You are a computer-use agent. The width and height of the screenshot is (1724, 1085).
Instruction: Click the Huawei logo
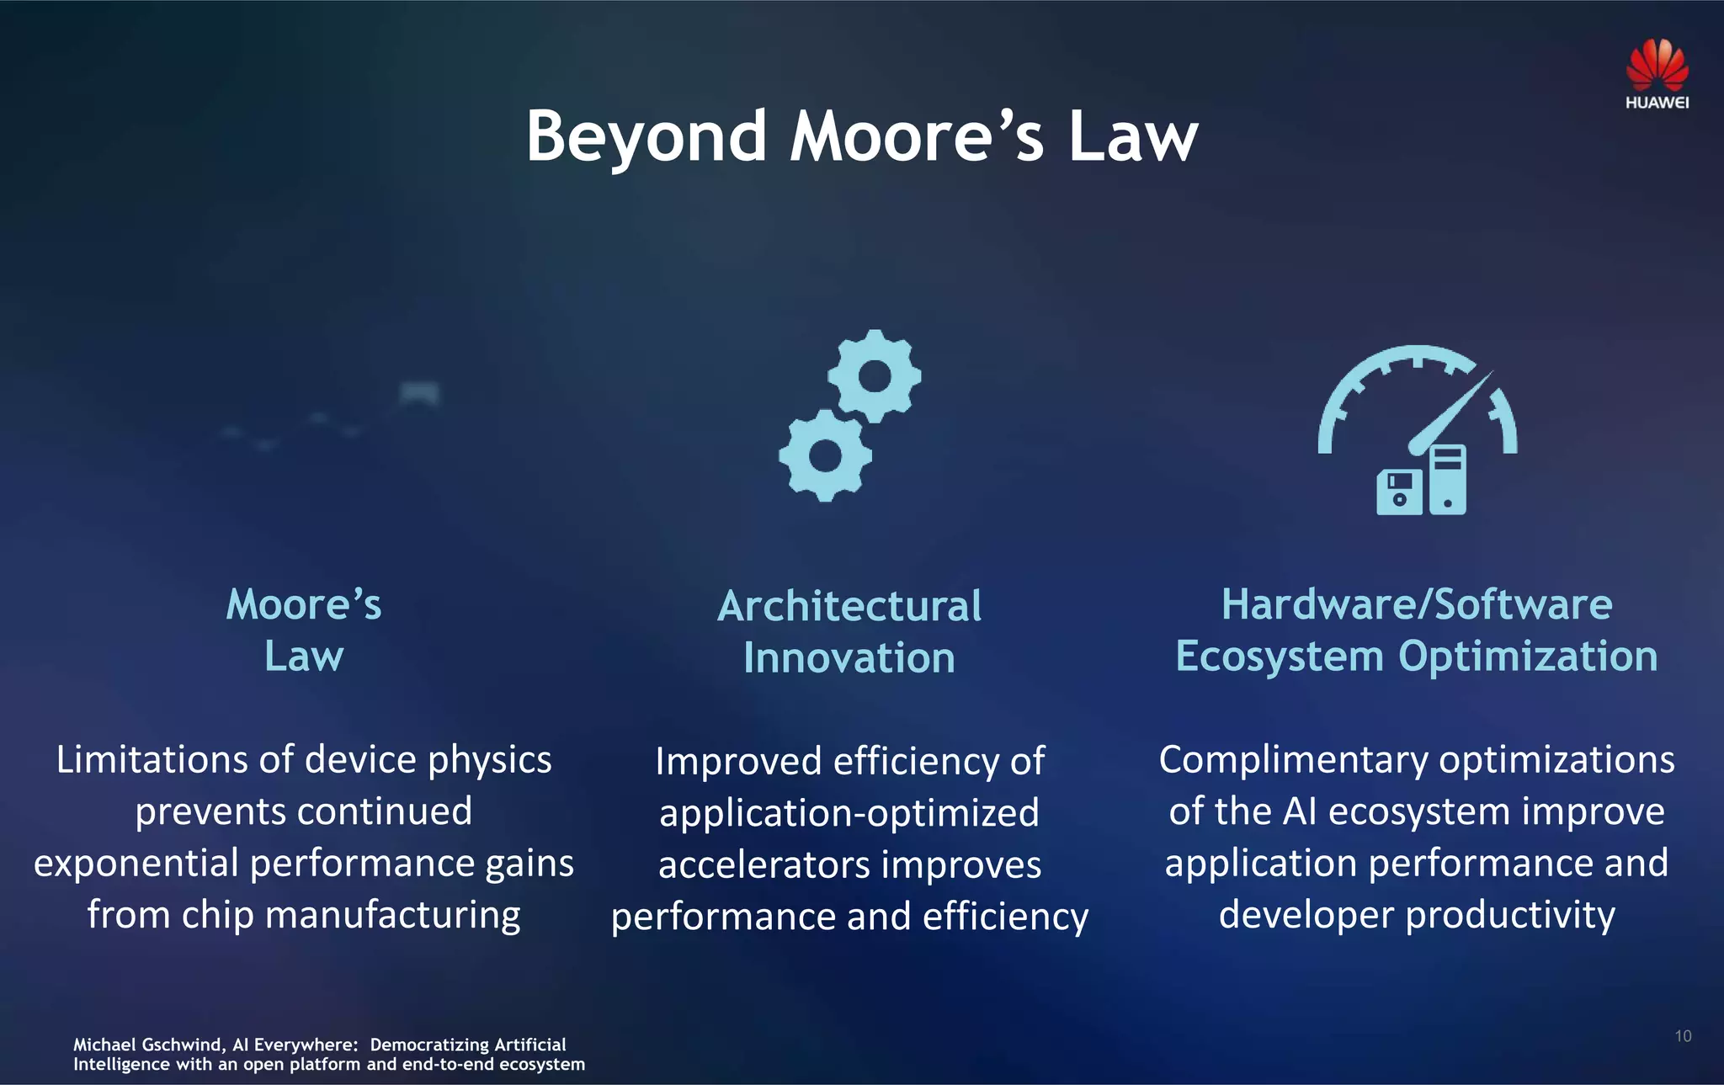1657,74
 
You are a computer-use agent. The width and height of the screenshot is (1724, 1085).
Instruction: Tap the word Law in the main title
1132,136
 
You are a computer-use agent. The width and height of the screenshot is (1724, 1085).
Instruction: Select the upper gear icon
875,376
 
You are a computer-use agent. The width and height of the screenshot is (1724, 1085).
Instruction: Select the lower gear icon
825,455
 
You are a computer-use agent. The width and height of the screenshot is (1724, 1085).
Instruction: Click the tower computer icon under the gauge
1448,480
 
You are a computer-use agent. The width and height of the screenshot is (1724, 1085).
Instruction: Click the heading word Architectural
849,606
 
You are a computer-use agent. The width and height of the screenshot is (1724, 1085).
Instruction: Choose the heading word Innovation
849,658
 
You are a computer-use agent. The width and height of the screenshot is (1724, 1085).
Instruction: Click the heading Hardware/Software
1417,604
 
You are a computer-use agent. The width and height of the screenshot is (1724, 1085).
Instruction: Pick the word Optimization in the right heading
1528,657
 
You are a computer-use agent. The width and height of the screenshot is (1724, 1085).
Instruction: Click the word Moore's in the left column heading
304,604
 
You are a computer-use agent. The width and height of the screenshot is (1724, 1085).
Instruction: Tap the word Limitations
152,760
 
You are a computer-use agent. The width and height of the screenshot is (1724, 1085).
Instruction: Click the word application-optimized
849,813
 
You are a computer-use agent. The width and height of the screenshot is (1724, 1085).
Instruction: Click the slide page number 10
1683,1036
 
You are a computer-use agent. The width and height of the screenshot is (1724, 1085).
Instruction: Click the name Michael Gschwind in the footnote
147,1045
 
